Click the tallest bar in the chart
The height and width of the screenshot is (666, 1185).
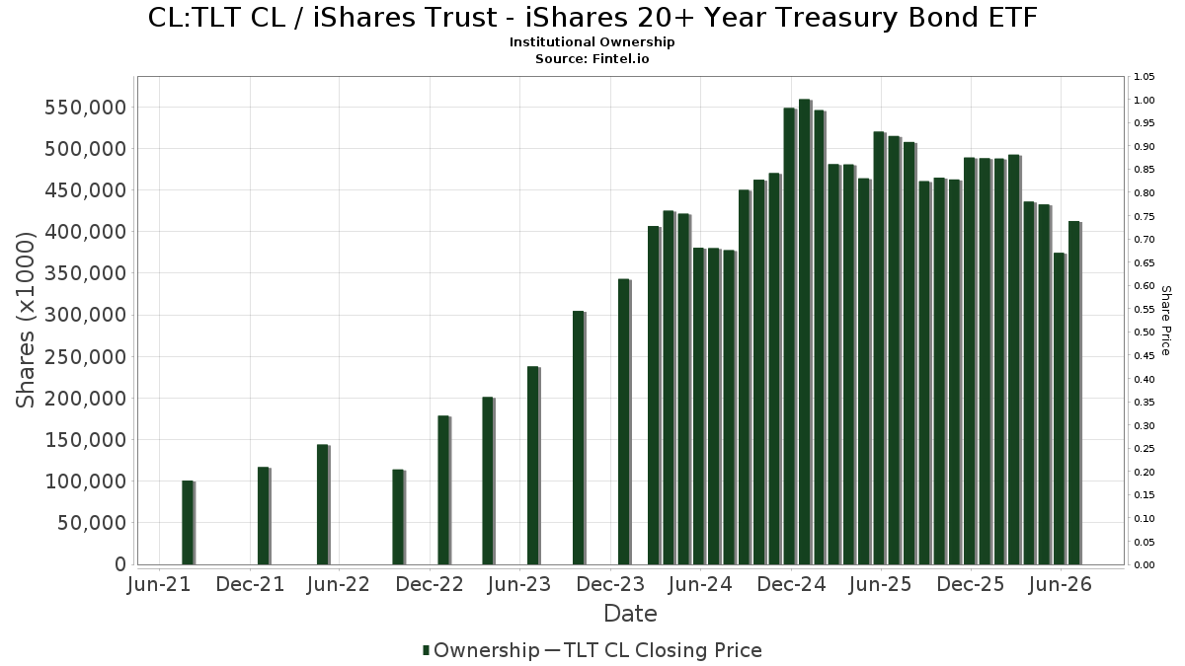(805, 332)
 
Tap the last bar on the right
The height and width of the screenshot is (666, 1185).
(1075, 393)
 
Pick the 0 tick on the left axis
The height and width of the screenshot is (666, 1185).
(120, 564)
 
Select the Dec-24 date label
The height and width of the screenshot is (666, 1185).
(791, 584)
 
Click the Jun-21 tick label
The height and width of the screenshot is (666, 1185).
(159, 584)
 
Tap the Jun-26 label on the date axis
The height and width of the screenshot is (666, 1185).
(1061, 584)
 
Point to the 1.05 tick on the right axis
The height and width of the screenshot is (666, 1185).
(1144, 77)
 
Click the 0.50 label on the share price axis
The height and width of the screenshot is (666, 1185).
(1144, 333)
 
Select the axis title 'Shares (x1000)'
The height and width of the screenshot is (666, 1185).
(25, 320)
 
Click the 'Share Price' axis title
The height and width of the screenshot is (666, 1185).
(1165, 321)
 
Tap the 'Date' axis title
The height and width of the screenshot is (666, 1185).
(630, 614)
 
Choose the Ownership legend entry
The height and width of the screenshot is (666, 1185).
(481, 650)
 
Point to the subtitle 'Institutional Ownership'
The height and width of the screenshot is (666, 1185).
(592, 42)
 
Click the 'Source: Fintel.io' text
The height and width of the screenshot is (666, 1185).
(592, 58)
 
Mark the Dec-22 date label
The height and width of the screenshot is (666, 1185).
(430, 584)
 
